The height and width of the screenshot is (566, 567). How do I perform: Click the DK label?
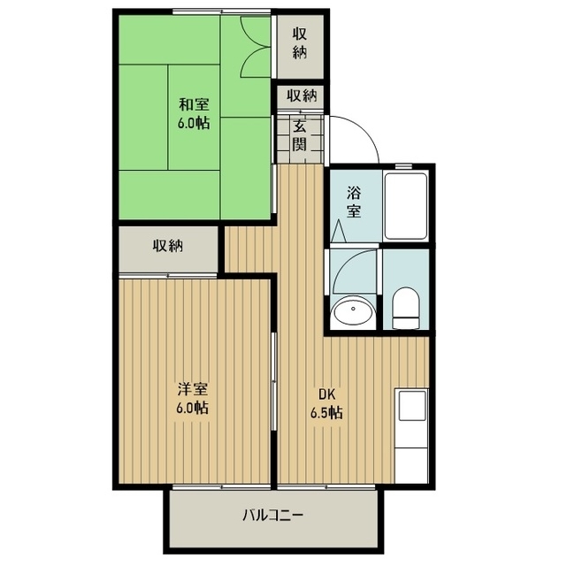coord(326,394)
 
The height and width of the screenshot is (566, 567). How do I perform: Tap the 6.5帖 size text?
coord(326,412)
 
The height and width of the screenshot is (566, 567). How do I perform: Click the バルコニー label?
coord(273,516)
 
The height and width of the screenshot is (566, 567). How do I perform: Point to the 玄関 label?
coord(299,135)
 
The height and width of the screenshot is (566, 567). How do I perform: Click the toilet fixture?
coord(406,306)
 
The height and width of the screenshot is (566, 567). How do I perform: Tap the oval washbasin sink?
coord(353,311)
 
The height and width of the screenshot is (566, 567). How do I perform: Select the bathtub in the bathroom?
coord(406,205)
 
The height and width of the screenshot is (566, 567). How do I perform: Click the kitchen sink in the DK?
coord(412,406)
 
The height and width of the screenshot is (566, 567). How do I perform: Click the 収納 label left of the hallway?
coord(166,247)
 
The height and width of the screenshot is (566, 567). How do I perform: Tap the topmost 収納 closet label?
coord(300,42)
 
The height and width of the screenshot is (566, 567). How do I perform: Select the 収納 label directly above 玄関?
coord(299,96)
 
